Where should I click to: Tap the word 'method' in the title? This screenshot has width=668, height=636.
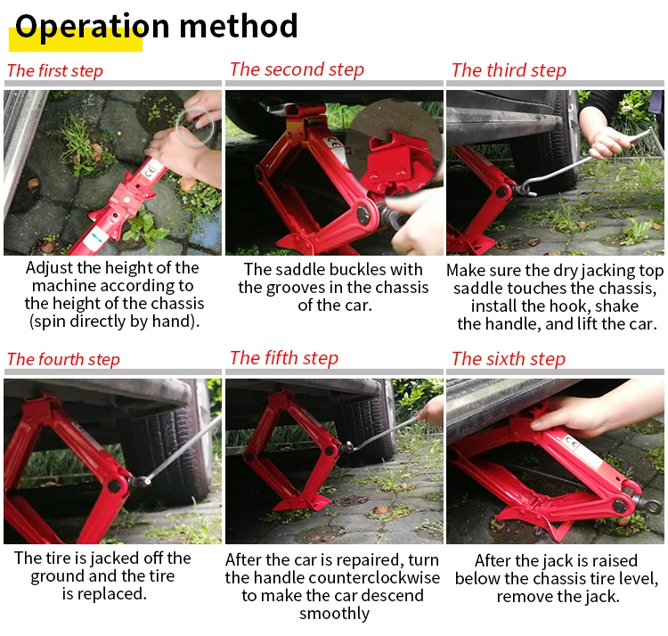pos(239,26)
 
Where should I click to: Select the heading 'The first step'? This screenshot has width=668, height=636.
pos(55,70)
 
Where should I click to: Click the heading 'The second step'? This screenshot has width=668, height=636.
pos(297,69)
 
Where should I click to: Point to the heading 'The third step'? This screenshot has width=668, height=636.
pos(509,70)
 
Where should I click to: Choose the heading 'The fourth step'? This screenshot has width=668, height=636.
pos(63,359)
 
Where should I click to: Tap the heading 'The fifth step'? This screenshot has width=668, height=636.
pos(284,358)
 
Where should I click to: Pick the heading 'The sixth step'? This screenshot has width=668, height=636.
pos(509,359)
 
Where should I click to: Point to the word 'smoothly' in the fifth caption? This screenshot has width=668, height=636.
pos(334,614)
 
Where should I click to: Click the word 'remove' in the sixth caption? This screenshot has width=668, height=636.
pos(523,597)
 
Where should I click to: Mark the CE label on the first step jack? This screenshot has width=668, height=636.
pos(150,172)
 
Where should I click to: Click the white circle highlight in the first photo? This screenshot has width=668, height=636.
pos(195,126)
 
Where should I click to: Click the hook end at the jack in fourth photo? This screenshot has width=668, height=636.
pos(142,481)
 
